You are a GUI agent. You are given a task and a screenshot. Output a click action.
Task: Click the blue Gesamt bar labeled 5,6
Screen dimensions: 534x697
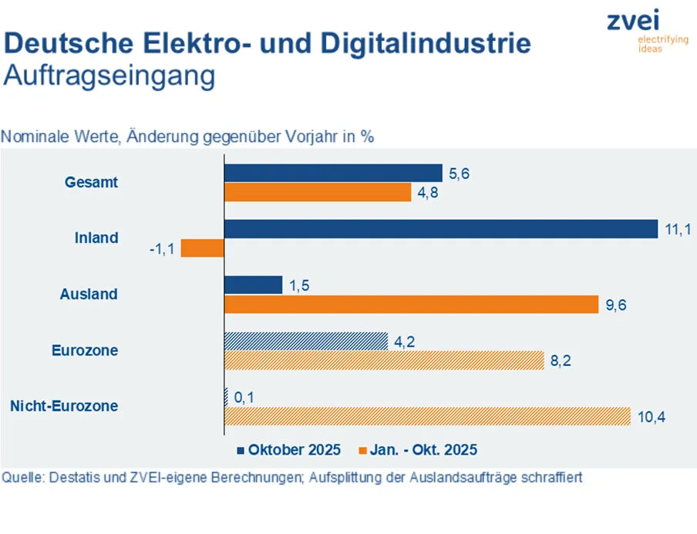332,174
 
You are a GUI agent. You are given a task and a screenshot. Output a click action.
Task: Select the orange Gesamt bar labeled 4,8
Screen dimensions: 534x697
317,193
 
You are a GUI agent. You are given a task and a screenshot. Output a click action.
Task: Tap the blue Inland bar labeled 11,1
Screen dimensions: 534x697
440,229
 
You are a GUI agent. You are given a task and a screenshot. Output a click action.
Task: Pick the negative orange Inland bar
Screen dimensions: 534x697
202,248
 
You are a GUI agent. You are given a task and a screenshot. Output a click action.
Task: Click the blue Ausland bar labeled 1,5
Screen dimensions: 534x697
253,285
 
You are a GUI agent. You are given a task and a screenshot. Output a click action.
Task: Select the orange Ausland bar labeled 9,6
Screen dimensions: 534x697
411,304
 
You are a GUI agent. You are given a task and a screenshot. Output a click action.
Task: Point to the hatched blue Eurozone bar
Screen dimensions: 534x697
305,340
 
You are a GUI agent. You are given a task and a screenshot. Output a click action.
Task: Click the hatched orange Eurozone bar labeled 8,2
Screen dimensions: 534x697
384,360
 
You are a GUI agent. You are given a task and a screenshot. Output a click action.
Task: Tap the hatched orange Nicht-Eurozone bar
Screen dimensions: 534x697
427,416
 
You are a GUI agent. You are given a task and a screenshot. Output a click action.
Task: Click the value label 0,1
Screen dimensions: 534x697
244,397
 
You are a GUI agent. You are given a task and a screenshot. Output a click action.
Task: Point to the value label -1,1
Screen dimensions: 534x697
162,248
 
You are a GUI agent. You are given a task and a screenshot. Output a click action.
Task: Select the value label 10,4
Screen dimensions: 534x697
652,417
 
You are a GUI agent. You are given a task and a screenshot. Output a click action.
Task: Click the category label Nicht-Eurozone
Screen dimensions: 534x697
65,406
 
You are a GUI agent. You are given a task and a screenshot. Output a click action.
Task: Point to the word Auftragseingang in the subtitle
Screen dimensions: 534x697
109,77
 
